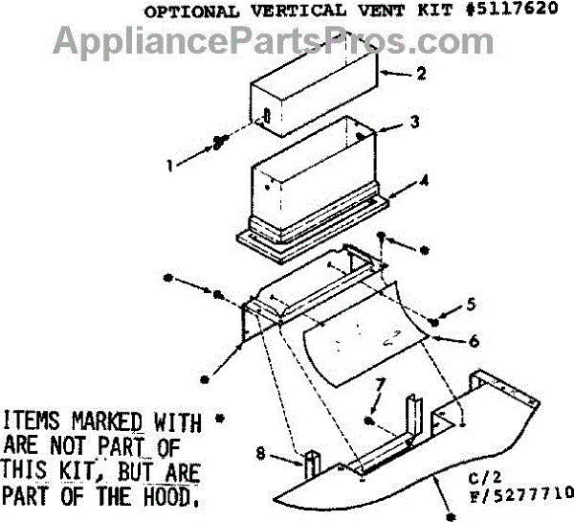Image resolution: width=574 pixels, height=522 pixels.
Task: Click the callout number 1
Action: (170, 165)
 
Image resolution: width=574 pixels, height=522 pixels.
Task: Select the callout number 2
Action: (393, 74)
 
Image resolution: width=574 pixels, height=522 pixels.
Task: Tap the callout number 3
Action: (413, 124)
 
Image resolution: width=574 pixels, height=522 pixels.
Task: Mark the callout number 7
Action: (378, 384)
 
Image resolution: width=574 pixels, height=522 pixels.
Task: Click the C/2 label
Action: (482, 475)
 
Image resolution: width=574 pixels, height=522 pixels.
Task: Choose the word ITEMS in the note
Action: (33, 421)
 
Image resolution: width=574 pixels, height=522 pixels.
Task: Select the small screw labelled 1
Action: (218, 142)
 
